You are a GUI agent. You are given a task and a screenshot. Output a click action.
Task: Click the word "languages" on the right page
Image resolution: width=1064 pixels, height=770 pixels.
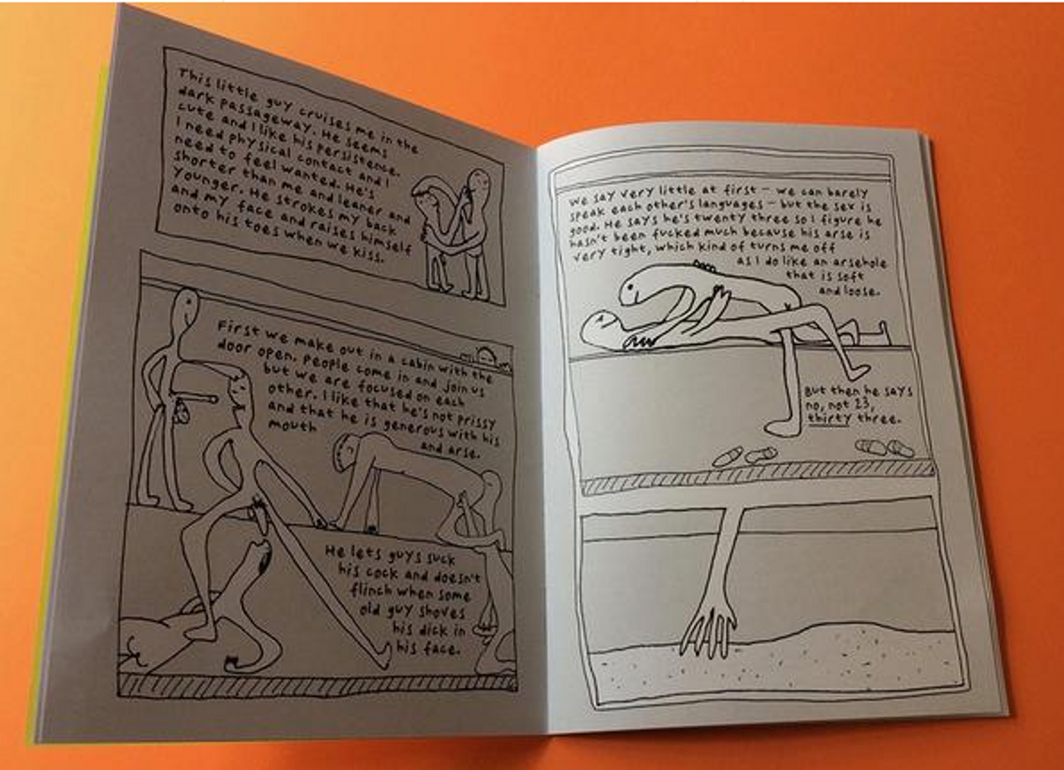(734, 205)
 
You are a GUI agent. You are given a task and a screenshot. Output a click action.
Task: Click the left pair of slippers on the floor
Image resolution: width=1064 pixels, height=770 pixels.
(744, 455)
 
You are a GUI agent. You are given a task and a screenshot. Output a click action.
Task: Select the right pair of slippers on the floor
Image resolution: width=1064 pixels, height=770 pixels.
(884, 448)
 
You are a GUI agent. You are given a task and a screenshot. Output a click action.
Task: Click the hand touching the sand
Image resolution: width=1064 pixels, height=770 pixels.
(709, 633)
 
